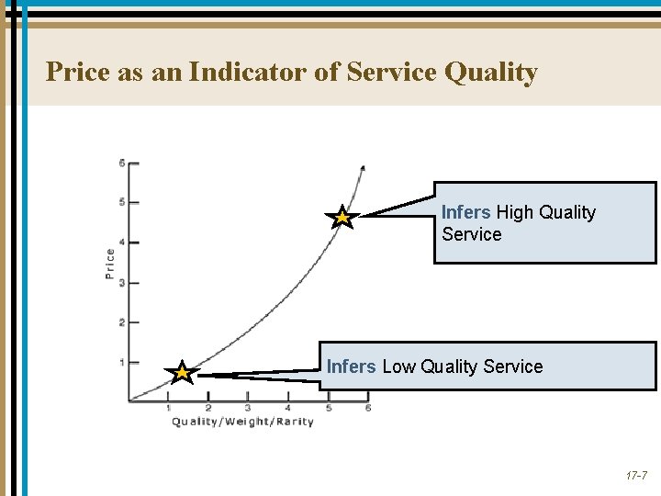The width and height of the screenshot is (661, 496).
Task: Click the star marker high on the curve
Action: [x=342, y=218]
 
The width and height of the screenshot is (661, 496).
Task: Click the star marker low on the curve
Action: [x=183, y=373]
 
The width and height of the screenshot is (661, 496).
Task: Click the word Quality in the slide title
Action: [x=490, y=72]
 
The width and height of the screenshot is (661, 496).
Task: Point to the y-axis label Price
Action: [x=110, y=264]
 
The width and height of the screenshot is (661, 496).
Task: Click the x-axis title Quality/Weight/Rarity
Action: [x=242, y=422]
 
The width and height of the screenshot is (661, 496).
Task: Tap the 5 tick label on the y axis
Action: [x=122, y=202]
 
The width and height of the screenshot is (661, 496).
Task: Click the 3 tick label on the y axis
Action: [x=122, y=283]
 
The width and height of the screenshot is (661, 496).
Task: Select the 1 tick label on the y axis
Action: [x=122, y=363]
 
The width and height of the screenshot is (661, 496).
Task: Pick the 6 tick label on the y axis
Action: [x=122, y=163]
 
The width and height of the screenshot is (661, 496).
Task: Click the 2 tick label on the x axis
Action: [x=208, y=407]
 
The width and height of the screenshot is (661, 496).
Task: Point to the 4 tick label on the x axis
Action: [x=287, y=407]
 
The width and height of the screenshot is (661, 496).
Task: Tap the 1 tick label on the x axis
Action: [x=168, y=407]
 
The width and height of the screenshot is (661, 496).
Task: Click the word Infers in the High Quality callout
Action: [x=465, y=212]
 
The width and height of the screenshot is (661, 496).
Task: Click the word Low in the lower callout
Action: [x=398, y=366]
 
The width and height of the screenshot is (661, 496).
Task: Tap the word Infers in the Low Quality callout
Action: [x=351, y=366]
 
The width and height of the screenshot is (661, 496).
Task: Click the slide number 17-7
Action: [x=636, y=477]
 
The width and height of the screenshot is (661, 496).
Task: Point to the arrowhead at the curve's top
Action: [x=362, y=168]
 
